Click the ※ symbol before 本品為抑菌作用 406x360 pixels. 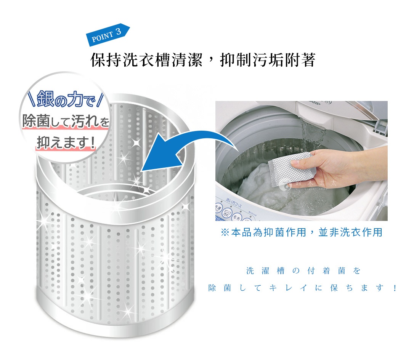tap(225, 232)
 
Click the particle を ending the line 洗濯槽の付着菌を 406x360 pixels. tap(356, 271)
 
